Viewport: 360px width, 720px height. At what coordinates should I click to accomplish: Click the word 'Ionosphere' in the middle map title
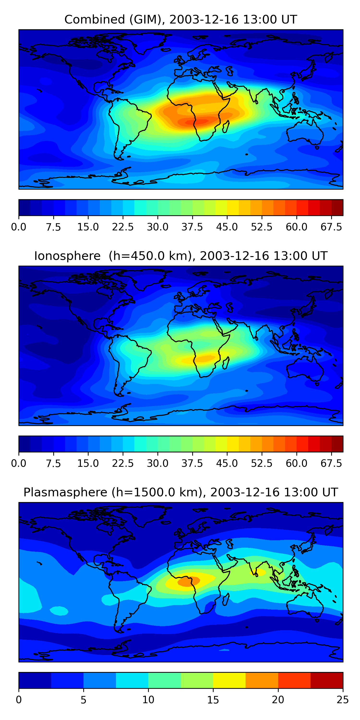pyautogui.click(x=67, y=256)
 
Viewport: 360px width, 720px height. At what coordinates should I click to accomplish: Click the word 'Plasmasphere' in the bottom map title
pyautogui.click(x=65, y=492)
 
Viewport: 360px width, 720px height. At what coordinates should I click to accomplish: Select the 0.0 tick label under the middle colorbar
pyautogui.click(x=19, y=463)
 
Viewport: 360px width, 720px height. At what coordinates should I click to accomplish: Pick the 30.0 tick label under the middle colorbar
pyautogui.click(x=157, y=463)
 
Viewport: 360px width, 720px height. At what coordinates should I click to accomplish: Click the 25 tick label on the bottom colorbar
pyautogui.click(x=342, y=700)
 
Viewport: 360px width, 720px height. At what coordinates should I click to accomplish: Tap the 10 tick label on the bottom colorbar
pyautogui.click(x=148, y=700)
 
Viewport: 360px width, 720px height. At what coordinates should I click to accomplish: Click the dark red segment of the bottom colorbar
pyautogui.click(x=326, y=680)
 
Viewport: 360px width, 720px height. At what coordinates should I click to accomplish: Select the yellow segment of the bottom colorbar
pyautogui.click(x=229, y=680)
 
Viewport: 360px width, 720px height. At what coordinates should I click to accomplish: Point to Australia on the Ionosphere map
pyautogui.click(x=305, y=369)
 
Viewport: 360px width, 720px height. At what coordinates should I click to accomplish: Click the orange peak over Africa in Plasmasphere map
pyautogui.click(x=188, y=581)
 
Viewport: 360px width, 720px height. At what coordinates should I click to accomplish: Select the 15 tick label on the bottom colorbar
pyautogui.click(x=213, y=700)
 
